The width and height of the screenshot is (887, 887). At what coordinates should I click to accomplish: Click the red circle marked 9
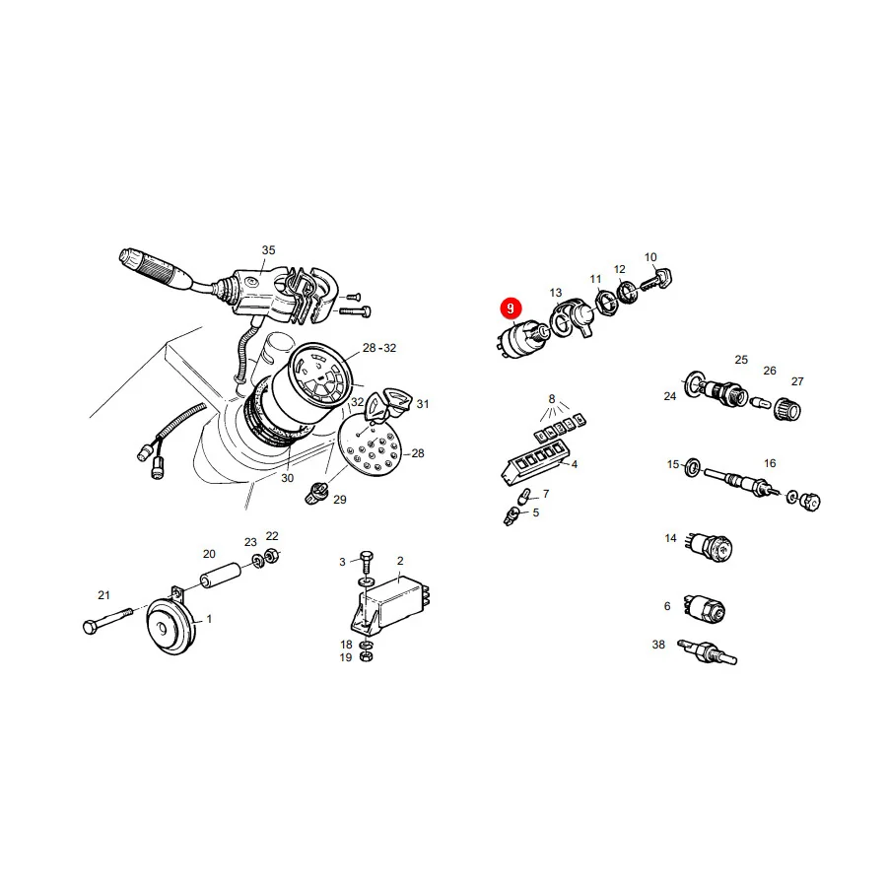[x=511, y=308]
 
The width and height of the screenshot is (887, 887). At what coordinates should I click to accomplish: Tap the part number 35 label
[x=268, y=250]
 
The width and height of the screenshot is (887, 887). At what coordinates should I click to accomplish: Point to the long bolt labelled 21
[x=107, y=621]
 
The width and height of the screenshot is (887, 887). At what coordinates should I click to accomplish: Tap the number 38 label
[x=658, y=645]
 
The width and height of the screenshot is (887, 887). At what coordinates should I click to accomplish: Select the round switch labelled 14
[x=710, y=546]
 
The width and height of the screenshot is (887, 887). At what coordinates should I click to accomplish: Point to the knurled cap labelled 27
[x=786, y=408]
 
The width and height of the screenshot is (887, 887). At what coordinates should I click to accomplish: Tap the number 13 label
[x=556, y=293]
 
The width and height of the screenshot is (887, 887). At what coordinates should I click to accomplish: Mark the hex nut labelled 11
[x=606, y=303]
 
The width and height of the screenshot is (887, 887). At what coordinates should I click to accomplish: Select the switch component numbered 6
[x=705, y=609]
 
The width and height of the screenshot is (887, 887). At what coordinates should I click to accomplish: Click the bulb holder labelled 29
[x=314, y=492]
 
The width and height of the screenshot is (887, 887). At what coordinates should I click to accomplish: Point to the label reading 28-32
[x=379, y=348]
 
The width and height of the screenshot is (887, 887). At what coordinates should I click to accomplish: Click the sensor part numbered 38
[x=707, y=652]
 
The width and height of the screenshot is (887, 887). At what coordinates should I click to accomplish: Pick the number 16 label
[x=770, y=463]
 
